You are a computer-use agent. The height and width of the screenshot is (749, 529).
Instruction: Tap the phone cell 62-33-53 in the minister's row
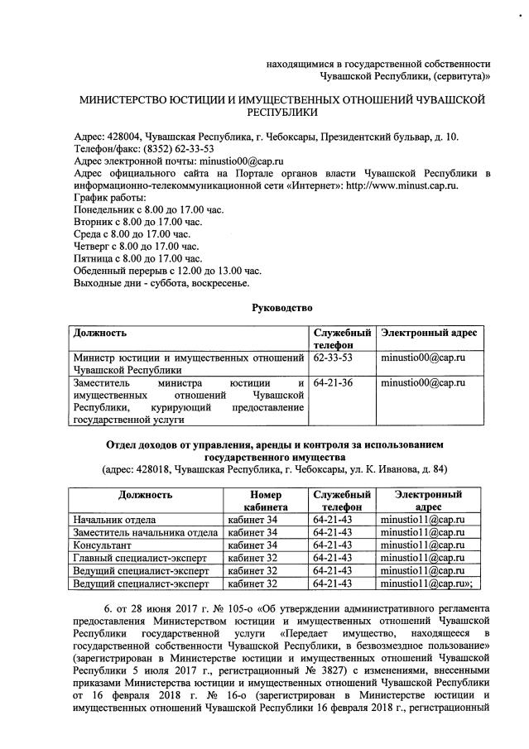tap(333, 358)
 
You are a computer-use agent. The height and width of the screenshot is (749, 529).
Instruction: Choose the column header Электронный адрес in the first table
tap(429, 333)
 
